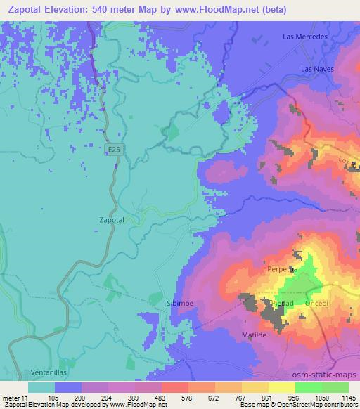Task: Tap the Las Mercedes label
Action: [305, 36]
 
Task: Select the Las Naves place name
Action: [314, 69]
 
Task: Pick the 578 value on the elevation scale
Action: [187, 397]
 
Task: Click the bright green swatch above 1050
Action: [308, 387]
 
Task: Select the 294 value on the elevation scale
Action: [108, 397]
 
